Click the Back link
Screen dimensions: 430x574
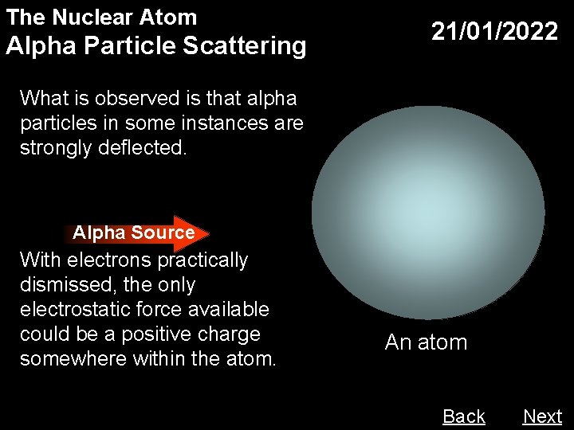464,416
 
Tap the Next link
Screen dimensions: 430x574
542,416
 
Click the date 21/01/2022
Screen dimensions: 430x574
494,32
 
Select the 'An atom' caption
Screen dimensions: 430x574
426,342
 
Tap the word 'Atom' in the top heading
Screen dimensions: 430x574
172,17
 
